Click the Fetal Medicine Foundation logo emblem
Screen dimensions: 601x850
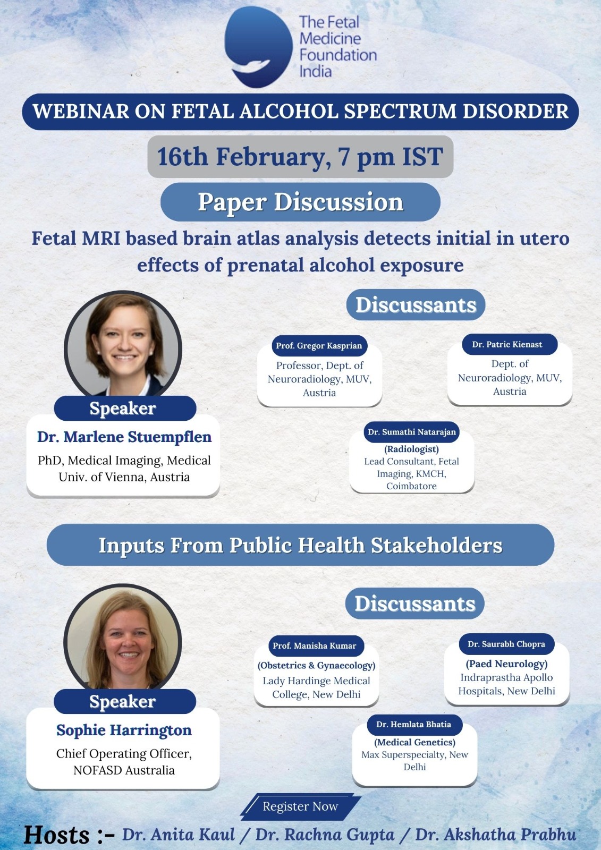[x=259, y=47]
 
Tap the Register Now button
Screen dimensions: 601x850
[x=300, y=806]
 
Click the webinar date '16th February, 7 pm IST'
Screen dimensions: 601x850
[x=300, y=157]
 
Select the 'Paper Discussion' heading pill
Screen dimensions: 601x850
[x=300, y=202]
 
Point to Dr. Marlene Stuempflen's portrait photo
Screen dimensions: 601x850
[x=123, y=345]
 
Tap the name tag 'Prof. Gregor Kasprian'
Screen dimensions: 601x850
[x=319, y=346]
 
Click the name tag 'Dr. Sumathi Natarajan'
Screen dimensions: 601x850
[x=411, y=432]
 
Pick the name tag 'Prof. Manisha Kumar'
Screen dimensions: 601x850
[x=315, y=645]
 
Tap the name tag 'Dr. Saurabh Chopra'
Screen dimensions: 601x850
[x=506, y=644]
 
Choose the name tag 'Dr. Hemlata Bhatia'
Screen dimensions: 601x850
[x=414, y=724]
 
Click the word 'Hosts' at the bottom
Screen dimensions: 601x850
[x=56, y=835]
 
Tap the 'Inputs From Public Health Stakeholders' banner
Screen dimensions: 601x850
[x=300, y=545]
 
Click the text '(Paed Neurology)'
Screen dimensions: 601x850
[x=507, y=664]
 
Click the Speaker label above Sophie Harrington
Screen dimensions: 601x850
[x=123, y=701]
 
